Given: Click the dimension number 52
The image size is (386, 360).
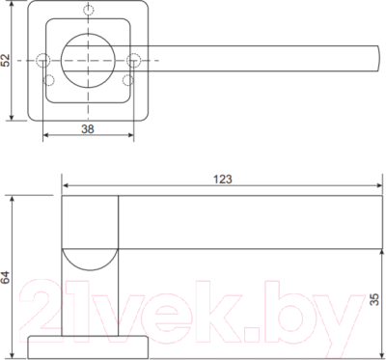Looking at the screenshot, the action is [6, 60].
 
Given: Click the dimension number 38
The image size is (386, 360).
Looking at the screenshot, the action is [88, 129].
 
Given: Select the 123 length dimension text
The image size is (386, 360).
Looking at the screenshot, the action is [223, 180].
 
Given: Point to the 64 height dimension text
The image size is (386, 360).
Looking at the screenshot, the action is [6, 277].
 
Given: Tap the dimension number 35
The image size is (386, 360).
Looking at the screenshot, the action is [374, 298].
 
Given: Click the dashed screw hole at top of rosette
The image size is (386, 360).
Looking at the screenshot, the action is [88, 10].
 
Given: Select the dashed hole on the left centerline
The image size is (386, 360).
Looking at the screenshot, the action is [43, 60].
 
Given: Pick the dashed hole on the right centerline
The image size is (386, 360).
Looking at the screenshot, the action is [133, 60].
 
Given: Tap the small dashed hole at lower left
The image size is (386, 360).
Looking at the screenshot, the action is [48, 80].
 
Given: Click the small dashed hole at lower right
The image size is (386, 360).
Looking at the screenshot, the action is [127, 80].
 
